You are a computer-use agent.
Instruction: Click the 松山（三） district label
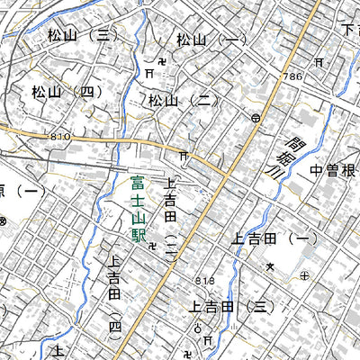80,35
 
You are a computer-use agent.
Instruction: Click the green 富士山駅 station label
137,209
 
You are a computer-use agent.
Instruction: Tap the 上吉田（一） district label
269,238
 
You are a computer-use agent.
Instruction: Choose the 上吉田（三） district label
229,307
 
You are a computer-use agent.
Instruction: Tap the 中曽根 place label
334,171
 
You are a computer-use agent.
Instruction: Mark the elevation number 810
59,136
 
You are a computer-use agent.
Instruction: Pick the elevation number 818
204,282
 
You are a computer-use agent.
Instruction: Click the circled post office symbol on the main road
256,118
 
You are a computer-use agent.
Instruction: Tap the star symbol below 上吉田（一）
269,266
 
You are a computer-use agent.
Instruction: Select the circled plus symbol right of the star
304,274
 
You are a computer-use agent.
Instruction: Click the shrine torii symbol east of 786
319,62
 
